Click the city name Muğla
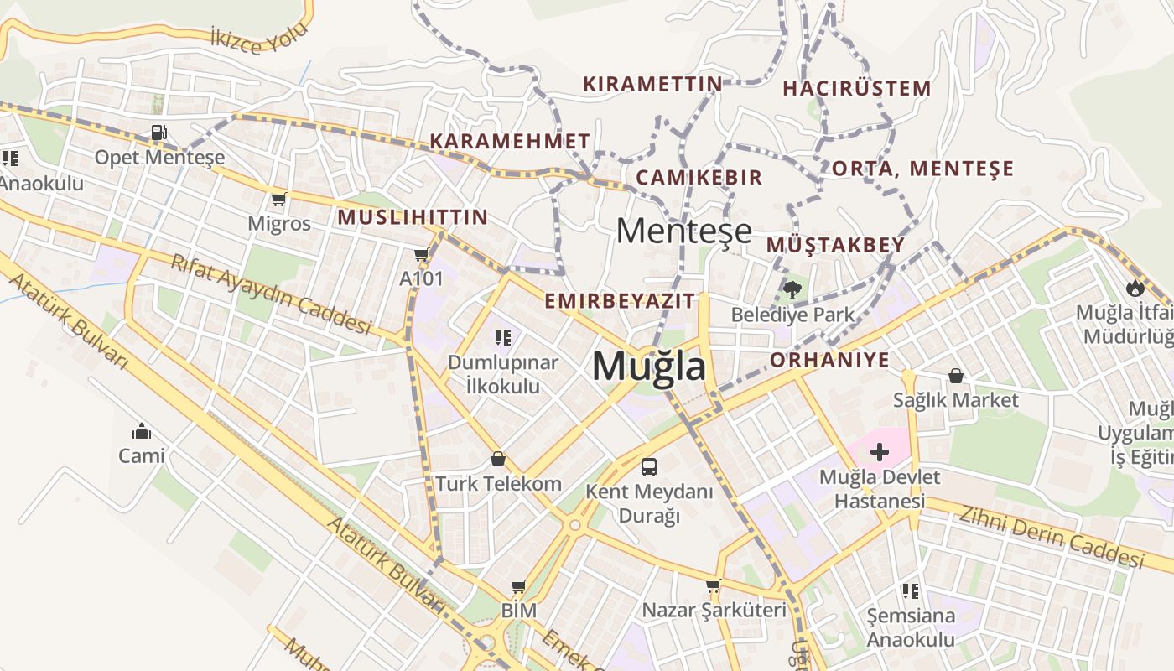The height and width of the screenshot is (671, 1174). coord(648,367)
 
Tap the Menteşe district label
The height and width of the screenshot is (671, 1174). coord(683,231)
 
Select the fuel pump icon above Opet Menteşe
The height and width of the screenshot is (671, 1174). coord(158,133)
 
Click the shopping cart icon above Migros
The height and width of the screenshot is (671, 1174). coord(278,200)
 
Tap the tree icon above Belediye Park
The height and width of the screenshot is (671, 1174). coord(792,290)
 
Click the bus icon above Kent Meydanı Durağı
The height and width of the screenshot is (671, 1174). coord(648,467)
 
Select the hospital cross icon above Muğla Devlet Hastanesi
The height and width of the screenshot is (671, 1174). coord(879,453)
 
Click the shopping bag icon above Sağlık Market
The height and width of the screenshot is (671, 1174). coord(955,376)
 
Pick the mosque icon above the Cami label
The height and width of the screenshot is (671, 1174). coord(141,431)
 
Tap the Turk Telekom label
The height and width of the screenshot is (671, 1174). coord(498,484)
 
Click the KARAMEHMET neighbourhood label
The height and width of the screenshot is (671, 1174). coord(510,141)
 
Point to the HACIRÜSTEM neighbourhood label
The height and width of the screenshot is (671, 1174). coord(856,88)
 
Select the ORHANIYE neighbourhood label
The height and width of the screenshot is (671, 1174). coord(829,361)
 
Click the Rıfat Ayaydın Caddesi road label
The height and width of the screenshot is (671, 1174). coord(271,294)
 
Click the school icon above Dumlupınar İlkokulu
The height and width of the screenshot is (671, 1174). coord(502,338)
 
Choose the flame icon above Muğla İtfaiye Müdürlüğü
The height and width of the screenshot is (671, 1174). coord(1135,288)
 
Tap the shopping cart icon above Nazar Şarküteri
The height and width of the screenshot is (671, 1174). coord(713,585)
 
